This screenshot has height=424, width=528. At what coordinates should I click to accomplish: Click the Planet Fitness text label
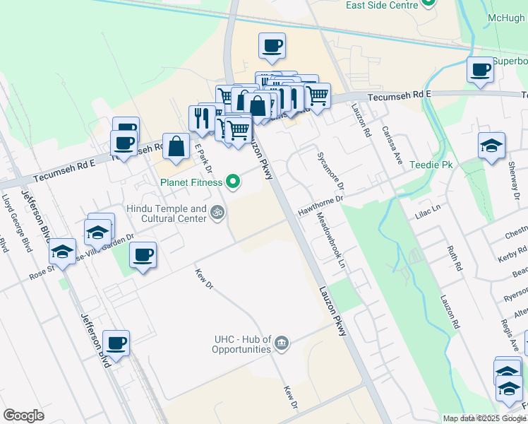[190, 182]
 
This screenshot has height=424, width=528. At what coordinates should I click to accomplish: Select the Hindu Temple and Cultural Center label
[167, 213]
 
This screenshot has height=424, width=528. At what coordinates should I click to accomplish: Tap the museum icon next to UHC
[282, 343]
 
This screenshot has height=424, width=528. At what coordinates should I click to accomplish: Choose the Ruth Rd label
[454, 258]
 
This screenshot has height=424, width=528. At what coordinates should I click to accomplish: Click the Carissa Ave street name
[391, 146]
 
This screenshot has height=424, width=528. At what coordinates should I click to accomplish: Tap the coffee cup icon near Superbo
[480, 70]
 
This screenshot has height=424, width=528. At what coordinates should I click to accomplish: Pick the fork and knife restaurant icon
[202, 119]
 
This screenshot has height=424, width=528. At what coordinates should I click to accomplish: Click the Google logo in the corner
[23, 416]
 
